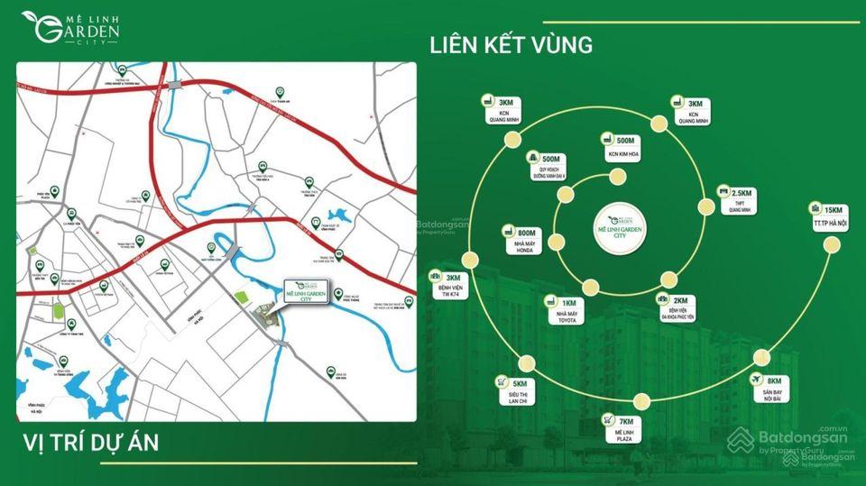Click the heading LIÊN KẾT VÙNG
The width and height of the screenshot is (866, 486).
(511, 44)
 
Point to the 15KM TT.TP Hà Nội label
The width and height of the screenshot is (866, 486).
(822, 217)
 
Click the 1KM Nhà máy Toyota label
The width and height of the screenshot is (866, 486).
(560, 309)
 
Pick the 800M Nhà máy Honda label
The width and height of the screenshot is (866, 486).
(523, 243)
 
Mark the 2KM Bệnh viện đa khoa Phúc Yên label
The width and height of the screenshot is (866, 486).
(676, 307)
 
